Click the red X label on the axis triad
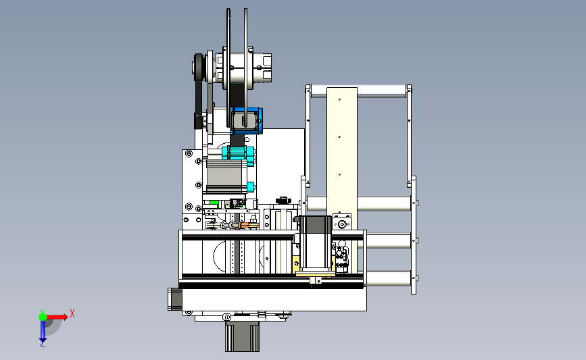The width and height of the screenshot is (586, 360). (x=72, y=313)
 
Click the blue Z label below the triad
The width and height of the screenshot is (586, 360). (x=42, y=344)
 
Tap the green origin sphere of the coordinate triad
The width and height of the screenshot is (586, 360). (x=43, y=317)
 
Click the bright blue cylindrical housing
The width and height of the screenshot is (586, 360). (x=246, y=121)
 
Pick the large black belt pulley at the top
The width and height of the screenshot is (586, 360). (x=199, y=68)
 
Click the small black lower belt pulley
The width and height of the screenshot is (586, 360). (x=199, y=120)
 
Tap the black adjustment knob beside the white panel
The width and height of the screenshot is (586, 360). (x=283, y=201)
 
